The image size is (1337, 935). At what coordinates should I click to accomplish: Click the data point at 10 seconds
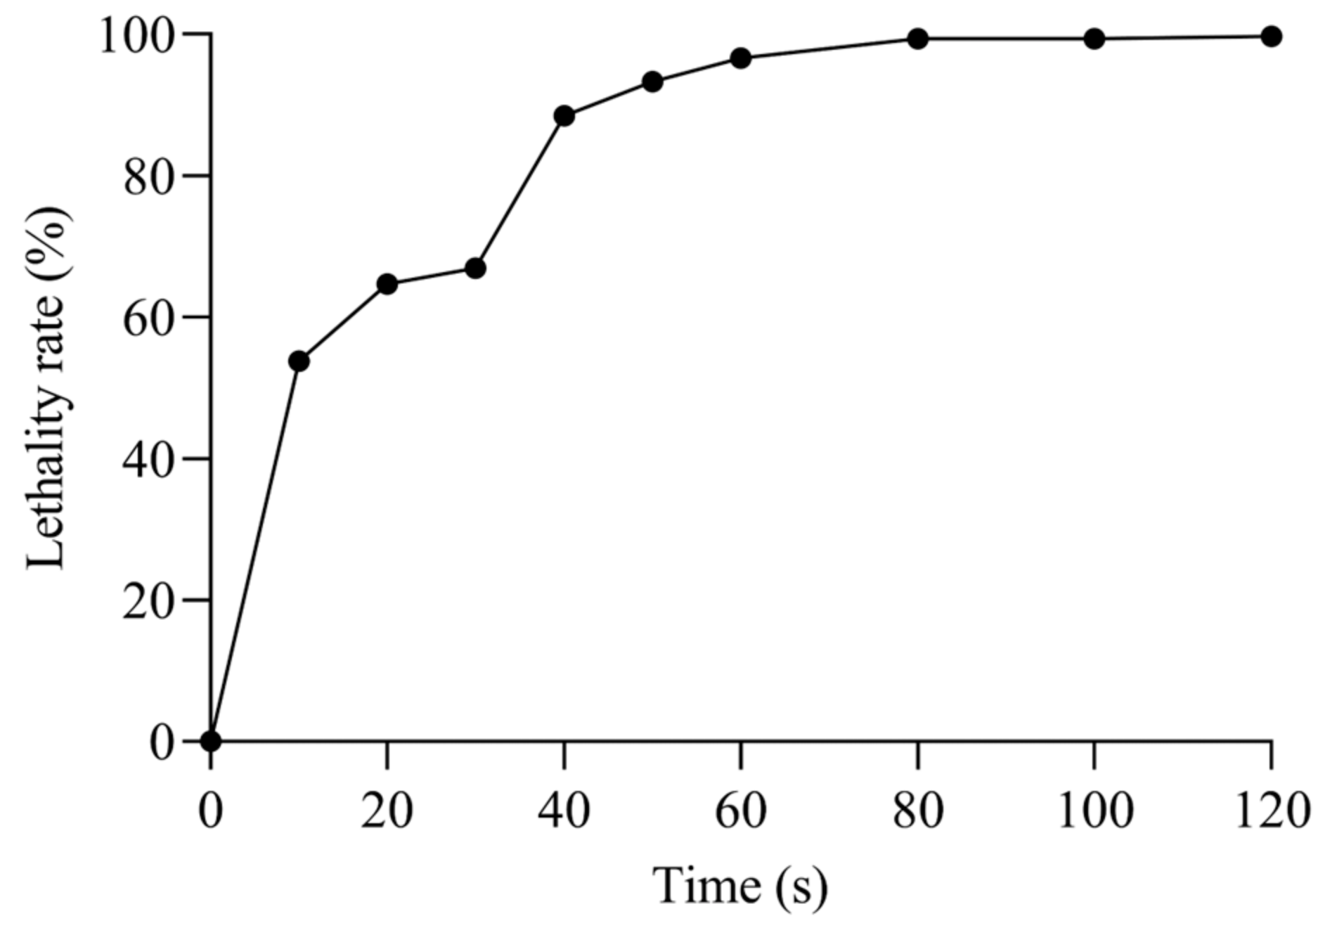[299, 361]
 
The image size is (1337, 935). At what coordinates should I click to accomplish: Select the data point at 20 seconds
[387, 284]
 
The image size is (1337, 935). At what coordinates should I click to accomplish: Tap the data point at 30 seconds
[476, 269]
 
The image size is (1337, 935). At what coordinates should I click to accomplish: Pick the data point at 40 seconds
[564, 116]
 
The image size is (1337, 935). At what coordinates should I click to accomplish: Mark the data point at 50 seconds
[653, 82]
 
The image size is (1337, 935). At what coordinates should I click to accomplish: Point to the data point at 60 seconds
[741, 58]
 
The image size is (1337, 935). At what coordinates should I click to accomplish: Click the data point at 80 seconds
[918, 39]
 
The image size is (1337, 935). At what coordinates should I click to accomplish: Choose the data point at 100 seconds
[1094, 39]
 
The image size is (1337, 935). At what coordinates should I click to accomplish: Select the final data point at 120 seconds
[1272, 37]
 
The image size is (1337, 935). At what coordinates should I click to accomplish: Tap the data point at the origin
[211, 741]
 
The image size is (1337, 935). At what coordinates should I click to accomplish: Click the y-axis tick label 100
[138, 35]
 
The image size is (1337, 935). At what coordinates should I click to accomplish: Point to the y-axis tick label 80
[149, 177]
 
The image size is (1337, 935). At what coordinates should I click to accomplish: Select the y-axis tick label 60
[149, 318]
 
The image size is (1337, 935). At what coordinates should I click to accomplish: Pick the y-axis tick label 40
[149, 460]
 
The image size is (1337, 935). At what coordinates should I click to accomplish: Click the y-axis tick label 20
[149, 602]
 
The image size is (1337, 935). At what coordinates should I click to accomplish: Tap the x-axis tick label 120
[1272, 811]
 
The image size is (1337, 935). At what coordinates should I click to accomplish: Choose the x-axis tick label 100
[1094, 811]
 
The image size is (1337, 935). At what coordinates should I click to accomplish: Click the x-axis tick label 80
[918, 811]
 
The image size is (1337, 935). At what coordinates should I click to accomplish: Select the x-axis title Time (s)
[741, 886]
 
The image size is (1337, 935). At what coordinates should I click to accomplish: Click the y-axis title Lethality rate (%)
[48, 388]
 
